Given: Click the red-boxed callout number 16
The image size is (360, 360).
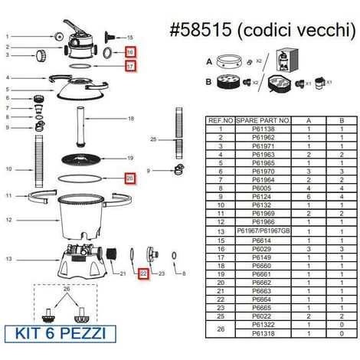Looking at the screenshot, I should (131, 52).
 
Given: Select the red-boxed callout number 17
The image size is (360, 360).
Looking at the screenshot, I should (131, 66).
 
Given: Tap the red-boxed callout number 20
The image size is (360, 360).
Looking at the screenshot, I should (131, 179).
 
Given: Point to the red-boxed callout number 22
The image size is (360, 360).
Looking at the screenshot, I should (143, 272).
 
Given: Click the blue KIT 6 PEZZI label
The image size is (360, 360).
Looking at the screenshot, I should (65, 334).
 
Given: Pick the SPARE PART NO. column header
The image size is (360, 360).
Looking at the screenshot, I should (263, 120).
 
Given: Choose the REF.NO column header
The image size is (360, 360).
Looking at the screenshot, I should (221, 120).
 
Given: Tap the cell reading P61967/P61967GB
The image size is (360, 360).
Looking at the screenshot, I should (263, 231).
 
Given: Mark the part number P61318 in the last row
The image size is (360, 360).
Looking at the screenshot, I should (263, 334).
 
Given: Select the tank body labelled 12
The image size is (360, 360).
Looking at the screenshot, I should (80, 218).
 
